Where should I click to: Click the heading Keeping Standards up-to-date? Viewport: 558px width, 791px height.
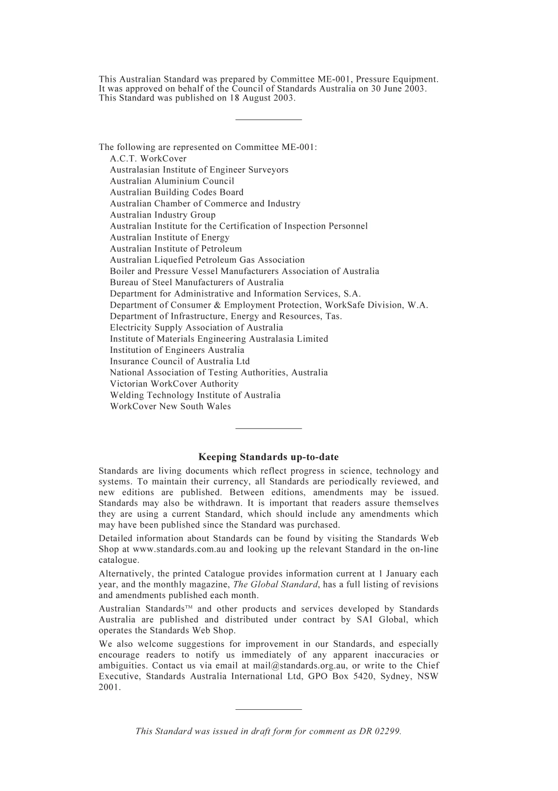[268, 457]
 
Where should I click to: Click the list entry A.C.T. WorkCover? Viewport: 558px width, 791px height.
[148, 159]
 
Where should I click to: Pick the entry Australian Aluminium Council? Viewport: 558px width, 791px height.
[172, 181]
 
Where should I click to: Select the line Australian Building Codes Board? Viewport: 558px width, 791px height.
[176, 192]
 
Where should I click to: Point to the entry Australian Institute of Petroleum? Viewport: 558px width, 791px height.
[176, 249]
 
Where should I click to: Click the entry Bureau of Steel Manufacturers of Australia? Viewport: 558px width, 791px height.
[196, 282]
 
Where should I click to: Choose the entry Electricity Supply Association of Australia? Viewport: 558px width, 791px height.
[196, 328]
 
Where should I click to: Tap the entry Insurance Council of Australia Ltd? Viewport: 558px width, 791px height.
[180, 362]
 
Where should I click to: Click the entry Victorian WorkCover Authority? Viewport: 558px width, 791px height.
[174, 384]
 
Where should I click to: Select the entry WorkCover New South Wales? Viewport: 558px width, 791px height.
[170, 406]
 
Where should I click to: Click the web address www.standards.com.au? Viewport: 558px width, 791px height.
[179, 549]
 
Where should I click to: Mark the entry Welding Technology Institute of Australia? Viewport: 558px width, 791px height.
[195, 395]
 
